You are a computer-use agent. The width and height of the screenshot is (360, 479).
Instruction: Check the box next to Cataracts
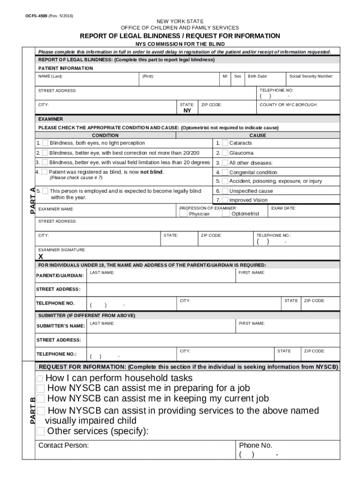click(x=225, y=143)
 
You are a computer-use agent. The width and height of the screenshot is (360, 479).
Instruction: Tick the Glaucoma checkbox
click(x=225, y=153)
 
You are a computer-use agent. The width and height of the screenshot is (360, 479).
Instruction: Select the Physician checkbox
click(x=183, y=213)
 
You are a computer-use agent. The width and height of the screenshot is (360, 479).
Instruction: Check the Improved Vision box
click(x=225, y=200)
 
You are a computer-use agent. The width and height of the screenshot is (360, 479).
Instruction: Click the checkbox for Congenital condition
click(x=225, y=172)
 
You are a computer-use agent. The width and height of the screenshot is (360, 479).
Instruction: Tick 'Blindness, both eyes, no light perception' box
click(x=45, y=143)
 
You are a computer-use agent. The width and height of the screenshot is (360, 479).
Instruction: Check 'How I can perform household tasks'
click(x=40, y=378)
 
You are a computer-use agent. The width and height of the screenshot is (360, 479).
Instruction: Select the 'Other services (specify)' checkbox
click(x=41, y=431)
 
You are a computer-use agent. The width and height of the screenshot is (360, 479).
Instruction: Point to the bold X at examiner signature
click(x=41, y=256)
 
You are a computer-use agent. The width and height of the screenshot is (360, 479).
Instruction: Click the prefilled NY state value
click(x=187, y=111)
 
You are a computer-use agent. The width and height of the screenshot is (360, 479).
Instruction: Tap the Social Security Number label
click(x=311, y=76)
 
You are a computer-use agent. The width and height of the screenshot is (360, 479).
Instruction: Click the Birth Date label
click(x=258, y=76)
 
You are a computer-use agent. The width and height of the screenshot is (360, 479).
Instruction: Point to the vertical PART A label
click(x=32, y=200)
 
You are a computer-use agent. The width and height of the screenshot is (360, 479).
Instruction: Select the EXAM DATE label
click(x=283, y=208)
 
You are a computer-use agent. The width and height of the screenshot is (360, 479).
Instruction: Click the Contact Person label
click(x=64, y=445)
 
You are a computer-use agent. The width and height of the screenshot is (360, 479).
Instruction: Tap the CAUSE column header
click(x=258, y=135)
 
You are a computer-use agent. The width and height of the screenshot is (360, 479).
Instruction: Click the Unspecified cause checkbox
click(x=225, y=191)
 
